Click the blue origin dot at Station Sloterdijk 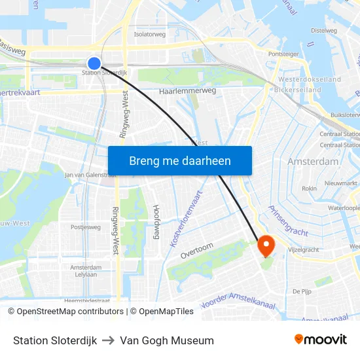pos(94,63)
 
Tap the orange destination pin pos(266,245)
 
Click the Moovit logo pos(321,340)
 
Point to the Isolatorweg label pos(149,34)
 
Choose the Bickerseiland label pos(298,90)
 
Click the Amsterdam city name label pos(313,161)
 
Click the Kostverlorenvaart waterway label pos(187,219)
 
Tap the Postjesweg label pos(86,227)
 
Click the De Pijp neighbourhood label pos(301,291)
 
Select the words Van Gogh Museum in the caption pos(167,340)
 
